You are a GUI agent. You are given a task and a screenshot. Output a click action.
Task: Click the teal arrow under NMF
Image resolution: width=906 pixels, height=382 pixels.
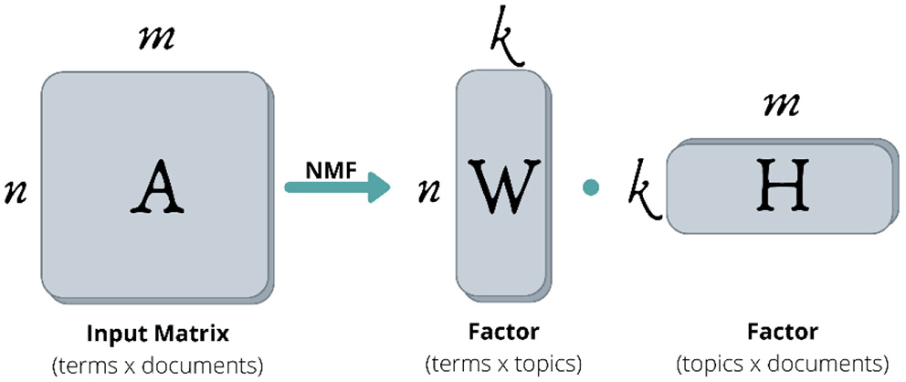pyautogui.click(x=338, y=187)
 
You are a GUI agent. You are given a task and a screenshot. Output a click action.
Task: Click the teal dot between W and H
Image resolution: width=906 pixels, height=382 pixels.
pyautogui.click(x=591, y=187)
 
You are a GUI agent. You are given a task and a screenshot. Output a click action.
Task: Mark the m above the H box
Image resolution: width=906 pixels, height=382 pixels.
pyautogui.click(x=782, y=105)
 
